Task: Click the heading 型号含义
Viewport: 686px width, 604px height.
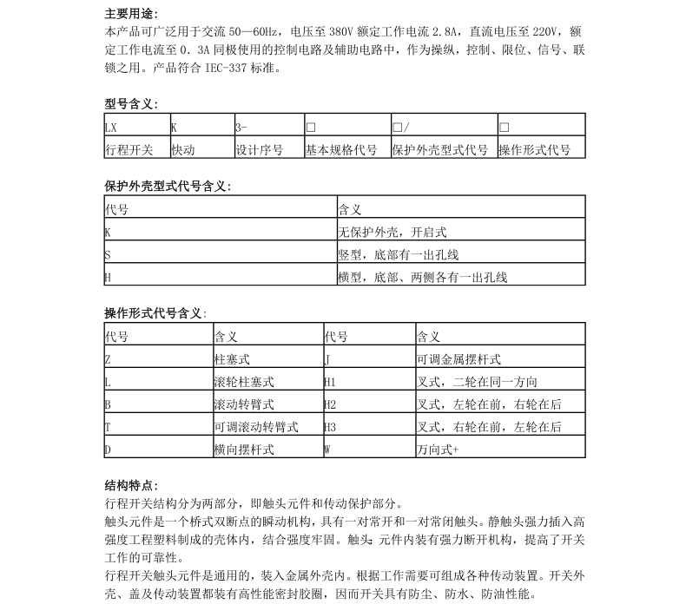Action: [x=130, y=104]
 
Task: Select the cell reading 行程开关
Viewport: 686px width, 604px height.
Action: [x=129, y=150]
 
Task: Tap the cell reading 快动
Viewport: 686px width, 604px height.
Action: [x=183, y=150]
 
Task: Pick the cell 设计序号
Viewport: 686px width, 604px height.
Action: [x=260, y=150]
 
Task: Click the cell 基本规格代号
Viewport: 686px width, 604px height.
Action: [x=340, y=150]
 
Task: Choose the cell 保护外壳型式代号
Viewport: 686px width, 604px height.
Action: [x=440, y=150]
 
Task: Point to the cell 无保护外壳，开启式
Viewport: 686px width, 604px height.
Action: [x=392, y=233]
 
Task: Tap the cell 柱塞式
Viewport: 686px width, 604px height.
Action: [x=232, y=358]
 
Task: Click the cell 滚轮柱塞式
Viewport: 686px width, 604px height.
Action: [x=244, y=382]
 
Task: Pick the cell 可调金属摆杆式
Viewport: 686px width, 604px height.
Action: [x=459, y=358]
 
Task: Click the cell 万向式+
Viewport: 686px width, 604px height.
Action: [x=439, y=450]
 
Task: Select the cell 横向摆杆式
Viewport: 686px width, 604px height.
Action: [x=244, y=450]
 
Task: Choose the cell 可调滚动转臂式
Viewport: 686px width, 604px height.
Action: [x=256, y=427]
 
